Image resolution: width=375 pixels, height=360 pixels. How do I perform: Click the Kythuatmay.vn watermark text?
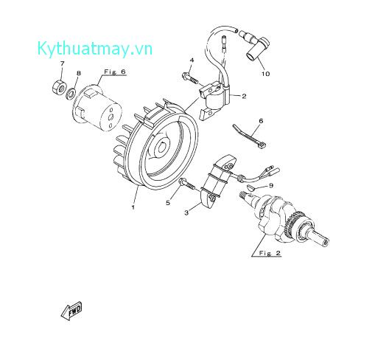point(95,49)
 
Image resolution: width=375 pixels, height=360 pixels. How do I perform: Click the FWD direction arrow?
point(71,311)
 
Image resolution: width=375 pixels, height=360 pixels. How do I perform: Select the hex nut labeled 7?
point(60,86)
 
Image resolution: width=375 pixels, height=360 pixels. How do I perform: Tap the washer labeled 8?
point(71,94)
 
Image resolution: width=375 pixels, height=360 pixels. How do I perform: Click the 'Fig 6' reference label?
point(115,72)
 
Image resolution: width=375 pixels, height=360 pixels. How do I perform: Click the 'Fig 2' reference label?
point(270,253)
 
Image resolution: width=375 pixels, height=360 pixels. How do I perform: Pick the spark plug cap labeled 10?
point(256,47)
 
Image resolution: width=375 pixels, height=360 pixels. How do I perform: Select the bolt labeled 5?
point(186,184)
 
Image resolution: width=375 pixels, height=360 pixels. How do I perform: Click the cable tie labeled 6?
point(248,136)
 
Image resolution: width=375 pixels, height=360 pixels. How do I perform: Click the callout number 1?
point(133,207)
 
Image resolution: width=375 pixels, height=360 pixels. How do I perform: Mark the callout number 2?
point(244,96)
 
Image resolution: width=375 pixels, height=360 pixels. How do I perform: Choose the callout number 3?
point(186,212)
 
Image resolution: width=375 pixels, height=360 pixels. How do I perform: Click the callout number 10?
point(265,74)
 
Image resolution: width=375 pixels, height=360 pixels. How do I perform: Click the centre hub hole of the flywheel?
point(162,148)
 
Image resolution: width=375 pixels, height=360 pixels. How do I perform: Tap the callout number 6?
point(261,121)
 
